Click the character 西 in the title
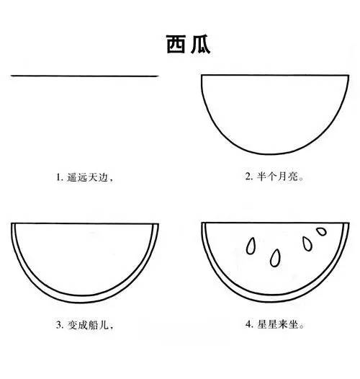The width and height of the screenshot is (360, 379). click(170, 45)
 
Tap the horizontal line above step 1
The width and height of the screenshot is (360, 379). click(85, 75)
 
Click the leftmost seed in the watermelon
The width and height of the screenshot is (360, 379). click(251, 246)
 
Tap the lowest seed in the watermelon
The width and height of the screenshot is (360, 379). click(276, 257)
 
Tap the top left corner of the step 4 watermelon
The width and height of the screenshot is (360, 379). click(203, 223)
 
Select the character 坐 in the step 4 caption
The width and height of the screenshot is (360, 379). click(294, 326)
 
